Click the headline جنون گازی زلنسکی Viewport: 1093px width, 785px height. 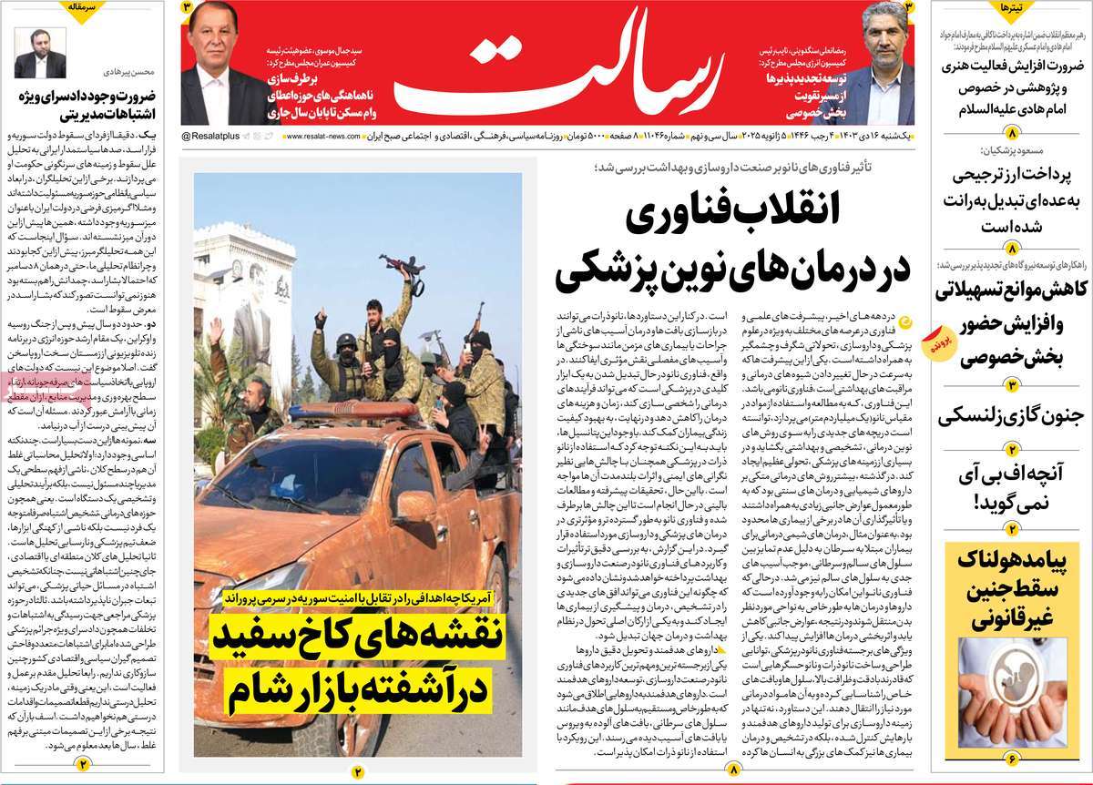pos(1012,417)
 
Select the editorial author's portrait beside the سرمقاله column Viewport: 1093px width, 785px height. pos(36,55)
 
